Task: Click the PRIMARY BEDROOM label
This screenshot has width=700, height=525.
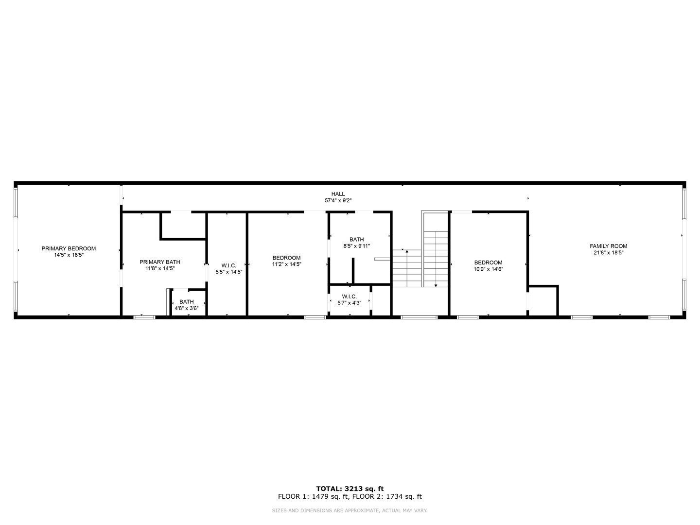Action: coord(69,248)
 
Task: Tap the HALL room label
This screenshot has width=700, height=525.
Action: coord(338,194)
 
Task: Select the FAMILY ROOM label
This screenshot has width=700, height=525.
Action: coord(609,246)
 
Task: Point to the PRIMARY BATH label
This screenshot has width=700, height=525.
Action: coord(160,262)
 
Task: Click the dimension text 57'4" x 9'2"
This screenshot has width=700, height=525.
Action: coord(338,200)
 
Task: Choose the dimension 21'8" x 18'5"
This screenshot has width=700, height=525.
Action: coord(609,253)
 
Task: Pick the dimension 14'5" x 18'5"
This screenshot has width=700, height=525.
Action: coord(69,255)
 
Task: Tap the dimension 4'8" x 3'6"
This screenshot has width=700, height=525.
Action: coord(187,308)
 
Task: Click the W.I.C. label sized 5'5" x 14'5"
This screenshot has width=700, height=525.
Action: coord(228,265)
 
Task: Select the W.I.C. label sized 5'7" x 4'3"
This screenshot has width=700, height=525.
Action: coord(349,297)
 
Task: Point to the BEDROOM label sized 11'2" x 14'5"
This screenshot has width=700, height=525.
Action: coord(286,258)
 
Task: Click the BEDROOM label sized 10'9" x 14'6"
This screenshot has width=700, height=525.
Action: coord(488,262)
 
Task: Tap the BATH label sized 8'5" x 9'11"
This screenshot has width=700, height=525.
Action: coord(356,239)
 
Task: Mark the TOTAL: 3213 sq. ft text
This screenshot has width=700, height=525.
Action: coord(350,489)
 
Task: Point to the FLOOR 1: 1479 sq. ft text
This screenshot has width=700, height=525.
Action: coord(314,496)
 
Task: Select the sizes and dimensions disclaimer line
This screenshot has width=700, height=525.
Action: coord(350,510)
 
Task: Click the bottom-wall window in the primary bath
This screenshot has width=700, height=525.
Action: coord(144,317)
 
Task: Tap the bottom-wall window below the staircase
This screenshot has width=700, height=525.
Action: coord(419,317)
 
